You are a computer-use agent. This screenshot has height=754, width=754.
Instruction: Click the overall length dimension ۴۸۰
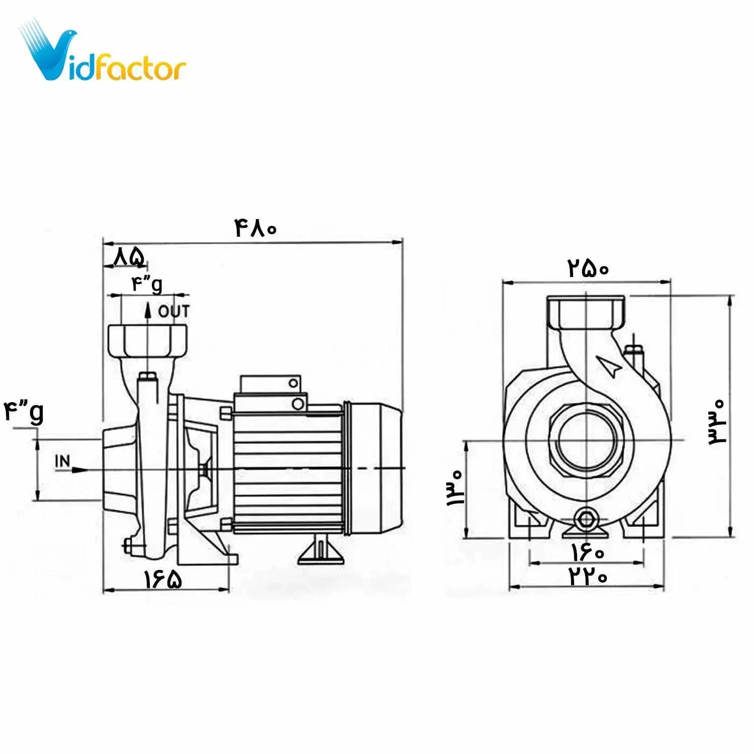(x=255, y=229)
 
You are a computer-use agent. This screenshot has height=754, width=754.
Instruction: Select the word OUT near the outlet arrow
(x=174, y=312)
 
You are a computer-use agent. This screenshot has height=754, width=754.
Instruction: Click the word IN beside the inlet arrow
(x=62, y=461)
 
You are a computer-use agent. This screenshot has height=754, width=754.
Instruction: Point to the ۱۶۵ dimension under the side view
(x=163, y=579)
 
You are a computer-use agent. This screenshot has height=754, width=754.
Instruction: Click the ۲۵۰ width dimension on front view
(x=588, y=268)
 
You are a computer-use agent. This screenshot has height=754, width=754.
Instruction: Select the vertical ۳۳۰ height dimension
(x=717, y=422)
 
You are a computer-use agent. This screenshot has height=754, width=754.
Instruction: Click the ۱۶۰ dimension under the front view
(x=588, y=553)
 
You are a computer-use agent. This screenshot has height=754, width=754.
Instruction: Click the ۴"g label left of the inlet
(x=24, y=412)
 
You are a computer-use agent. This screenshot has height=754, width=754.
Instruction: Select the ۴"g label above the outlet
(x=147, y=285)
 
